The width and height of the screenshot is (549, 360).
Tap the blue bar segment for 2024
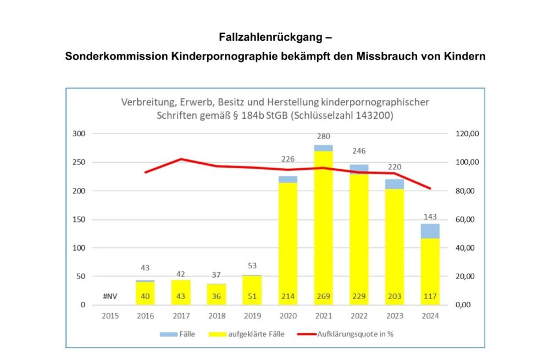point(430,231)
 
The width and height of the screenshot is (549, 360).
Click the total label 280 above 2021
point(324,137)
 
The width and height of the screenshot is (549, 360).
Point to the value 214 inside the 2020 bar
point(288,297)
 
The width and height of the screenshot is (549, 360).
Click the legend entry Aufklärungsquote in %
point(352,334)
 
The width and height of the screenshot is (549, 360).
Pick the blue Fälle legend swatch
point(167,334)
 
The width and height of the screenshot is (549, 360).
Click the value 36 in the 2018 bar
point(217,297)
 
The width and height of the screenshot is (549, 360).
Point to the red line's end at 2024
point(430,189)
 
